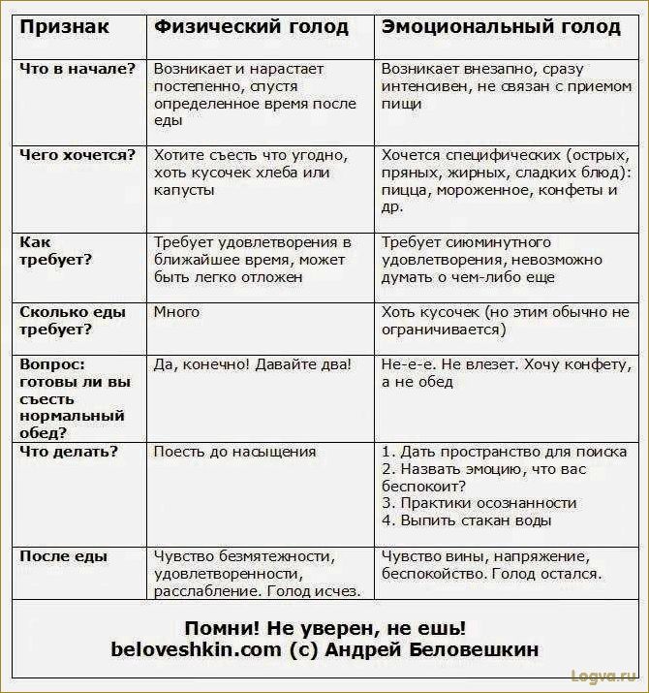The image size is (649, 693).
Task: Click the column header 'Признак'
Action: (64, 26)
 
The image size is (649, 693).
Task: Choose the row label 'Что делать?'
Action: (69, 452)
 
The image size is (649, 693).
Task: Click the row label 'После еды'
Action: (64, 557)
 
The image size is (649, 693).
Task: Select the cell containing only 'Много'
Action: (176, 312)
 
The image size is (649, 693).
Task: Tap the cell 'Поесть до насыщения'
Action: (234, 452)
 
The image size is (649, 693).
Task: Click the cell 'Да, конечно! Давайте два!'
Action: (253, 364)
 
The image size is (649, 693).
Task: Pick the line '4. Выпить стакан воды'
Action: (467, 520)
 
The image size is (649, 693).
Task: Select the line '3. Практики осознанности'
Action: (479, 503)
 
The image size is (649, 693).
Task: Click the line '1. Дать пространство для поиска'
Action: (504, 452)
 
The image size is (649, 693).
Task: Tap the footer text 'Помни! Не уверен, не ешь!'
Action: (324, 628)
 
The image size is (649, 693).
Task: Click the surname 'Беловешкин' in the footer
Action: (463, 650)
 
